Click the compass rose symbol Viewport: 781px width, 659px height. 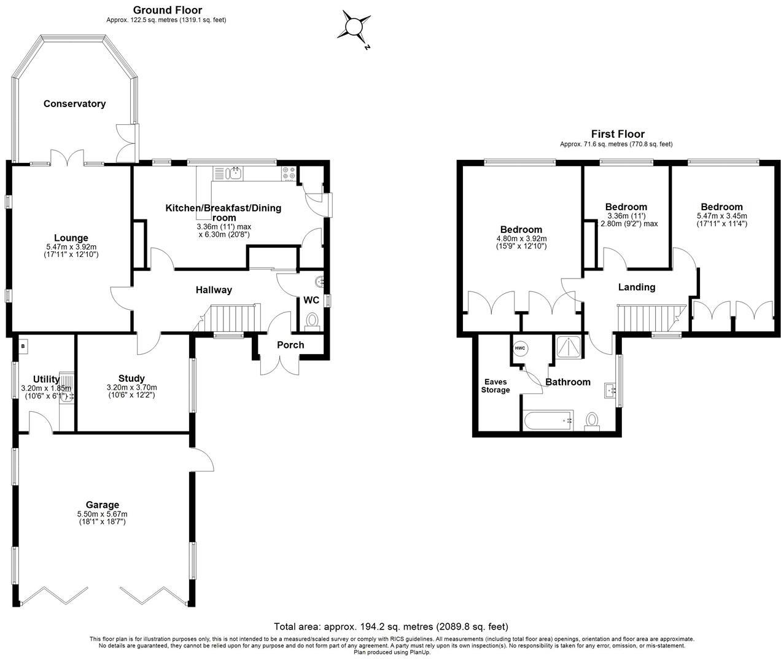coord(354,27)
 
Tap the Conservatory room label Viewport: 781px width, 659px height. coord(74,104)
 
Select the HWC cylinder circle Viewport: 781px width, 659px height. coord(520,348)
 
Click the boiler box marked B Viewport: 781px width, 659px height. coord(23,346)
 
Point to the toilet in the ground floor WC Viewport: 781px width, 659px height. coord(311,322)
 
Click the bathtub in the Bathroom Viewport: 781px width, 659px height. coord(548,420)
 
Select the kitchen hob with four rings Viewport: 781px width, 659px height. coord(289,173)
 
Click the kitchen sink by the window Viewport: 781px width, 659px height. coord(236,173)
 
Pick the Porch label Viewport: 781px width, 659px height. coord(290,345)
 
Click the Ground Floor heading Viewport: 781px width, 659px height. coord(168,10)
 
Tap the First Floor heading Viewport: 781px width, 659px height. coord(618,134)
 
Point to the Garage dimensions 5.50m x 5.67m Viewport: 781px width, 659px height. coord(102,514)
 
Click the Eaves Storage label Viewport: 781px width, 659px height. coord(495,385)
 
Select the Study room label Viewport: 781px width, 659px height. coord(131,378)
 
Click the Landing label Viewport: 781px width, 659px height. coord(637,287)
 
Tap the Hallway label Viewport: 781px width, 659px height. coord(214,290)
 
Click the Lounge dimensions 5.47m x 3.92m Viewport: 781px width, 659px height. coord(71,247)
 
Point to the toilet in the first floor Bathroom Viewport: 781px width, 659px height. coord(592,421)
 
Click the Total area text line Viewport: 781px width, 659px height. coord(391,626)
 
